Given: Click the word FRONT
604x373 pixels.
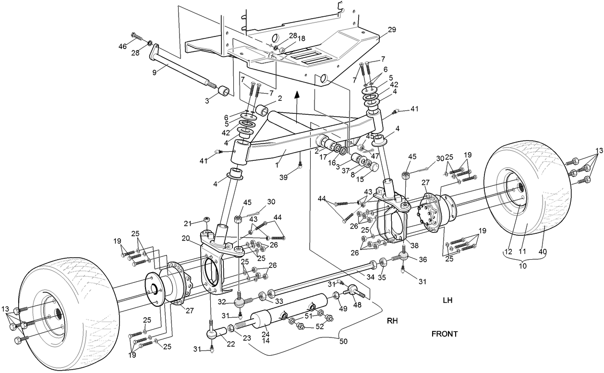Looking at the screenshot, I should (444, 334).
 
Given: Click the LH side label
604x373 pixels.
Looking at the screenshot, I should (448, 301).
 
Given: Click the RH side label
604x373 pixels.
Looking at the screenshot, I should (394, 320).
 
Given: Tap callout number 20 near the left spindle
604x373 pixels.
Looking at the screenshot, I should (186, 238).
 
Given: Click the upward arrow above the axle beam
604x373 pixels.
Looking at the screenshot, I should (297, 96).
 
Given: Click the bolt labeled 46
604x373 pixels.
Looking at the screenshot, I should (136, 36).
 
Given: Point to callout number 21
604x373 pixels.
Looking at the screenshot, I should (188, 223).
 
